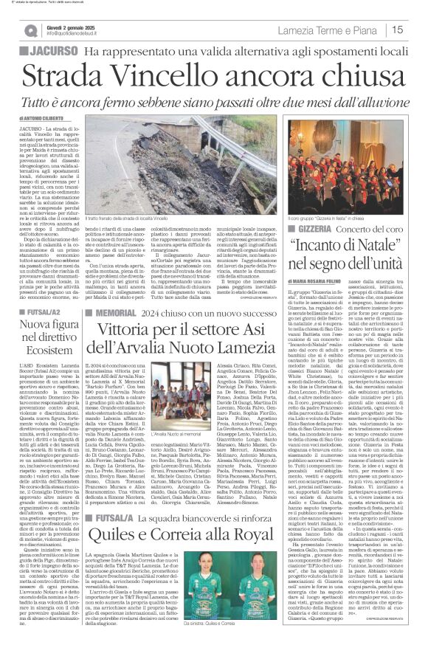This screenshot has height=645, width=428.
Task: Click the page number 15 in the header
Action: (x=416, y=30)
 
